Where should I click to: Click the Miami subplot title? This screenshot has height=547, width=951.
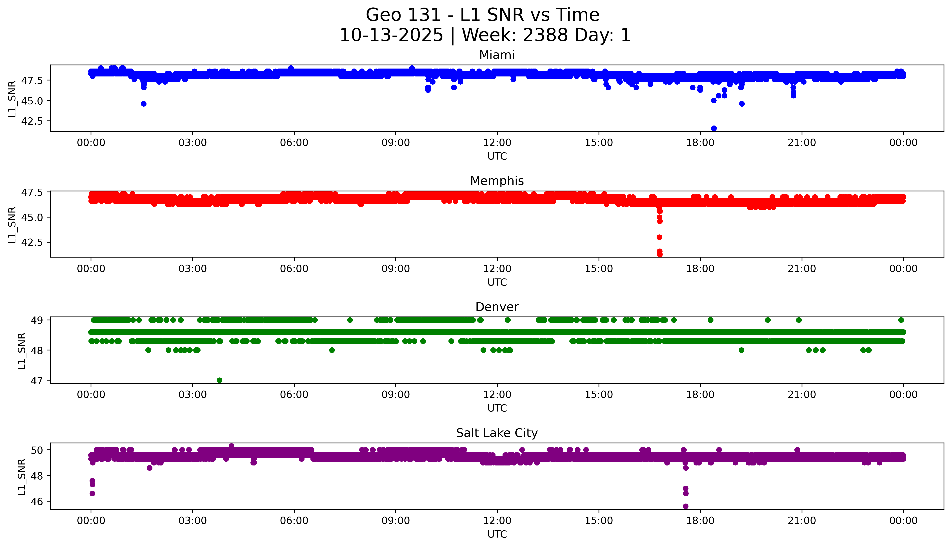[x=497, y=55]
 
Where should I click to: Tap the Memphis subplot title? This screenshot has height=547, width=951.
[x=497, y=181]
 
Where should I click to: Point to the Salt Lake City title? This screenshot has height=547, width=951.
[x=497, y=433]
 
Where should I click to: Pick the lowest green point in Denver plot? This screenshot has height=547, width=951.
[x=219, y=380]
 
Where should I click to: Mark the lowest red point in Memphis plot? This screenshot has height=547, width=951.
[x=659, y=254]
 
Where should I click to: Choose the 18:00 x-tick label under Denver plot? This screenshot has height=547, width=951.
[x=700, y=395]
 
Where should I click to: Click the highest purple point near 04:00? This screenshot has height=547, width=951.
[x=231, y=446]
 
